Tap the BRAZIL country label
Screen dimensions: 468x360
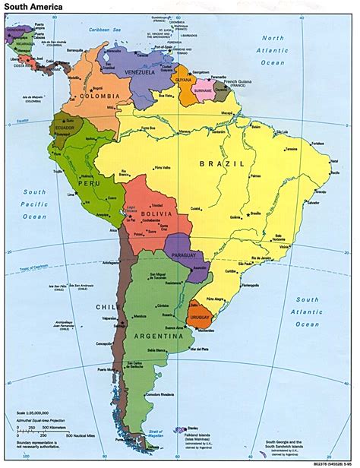[x=222, y=163]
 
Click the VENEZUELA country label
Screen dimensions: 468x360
[x=155, y=74]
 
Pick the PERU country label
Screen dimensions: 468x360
[x=89, y=185]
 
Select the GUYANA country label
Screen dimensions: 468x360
[x=184, y=78]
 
